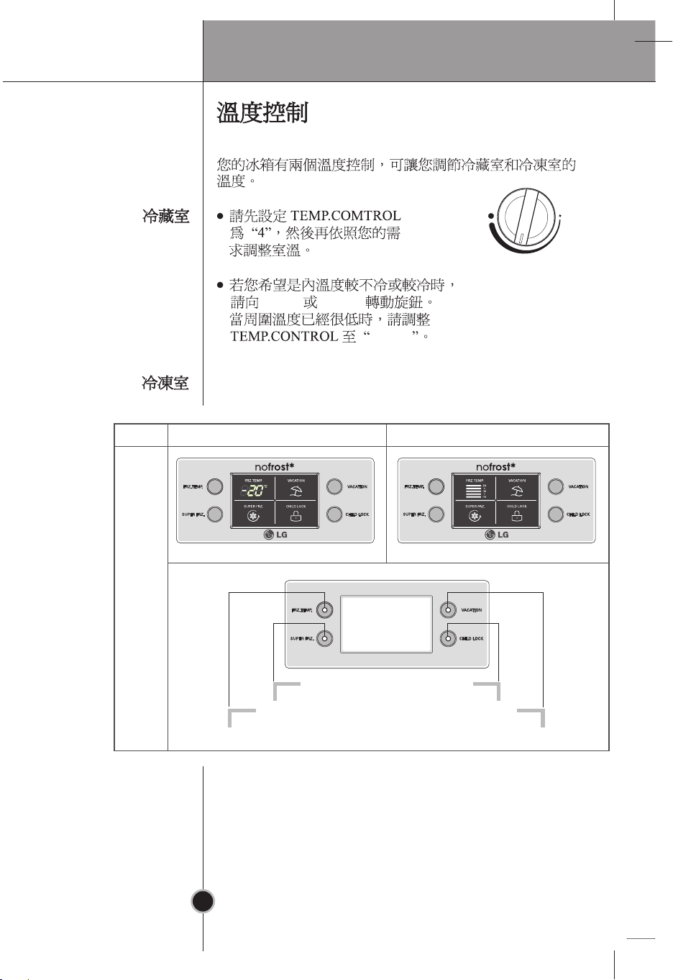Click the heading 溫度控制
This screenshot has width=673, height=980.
tap(262, 114)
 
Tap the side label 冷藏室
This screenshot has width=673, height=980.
tap(165, 216)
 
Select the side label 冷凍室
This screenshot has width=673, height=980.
tap(165, 384)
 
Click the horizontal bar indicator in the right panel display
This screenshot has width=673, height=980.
tap(473, 492)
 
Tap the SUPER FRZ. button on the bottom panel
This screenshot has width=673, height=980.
tap(325, 638)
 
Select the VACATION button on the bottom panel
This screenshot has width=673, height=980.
tap(447, 610)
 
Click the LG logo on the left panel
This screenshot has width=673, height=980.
tap(275, 535)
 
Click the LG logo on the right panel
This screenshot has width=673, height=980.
tap(496, 535)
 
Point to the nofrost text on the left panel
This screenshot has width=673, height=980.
tap(275, 467)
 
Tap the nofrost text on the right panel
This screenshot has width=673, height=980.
tap(496, 467)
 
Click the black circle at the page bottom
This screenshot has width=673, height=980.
tap(203, 900)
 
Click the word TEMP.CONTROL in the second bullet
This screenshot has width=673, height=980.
tap(283, 336)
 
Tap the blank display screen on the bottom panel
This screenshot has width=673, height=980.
tap(387, 624)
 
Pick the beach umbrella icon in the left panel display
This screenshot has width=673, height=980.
tap(296, 492)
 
